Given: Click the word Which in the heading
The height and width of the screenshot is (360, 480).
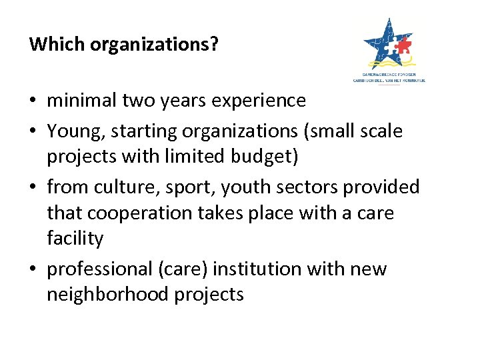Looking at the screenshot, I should (x=57, y=44).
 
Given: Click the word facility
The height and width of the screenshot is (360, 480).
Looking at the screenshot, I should (x=75, y=238).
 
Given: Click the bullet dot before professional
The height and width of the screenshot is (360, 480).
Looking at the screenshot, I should (x=33, y=270).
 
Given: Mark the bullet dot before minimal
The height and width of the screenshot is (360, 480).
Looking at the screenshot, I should (x=33, y=102).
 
